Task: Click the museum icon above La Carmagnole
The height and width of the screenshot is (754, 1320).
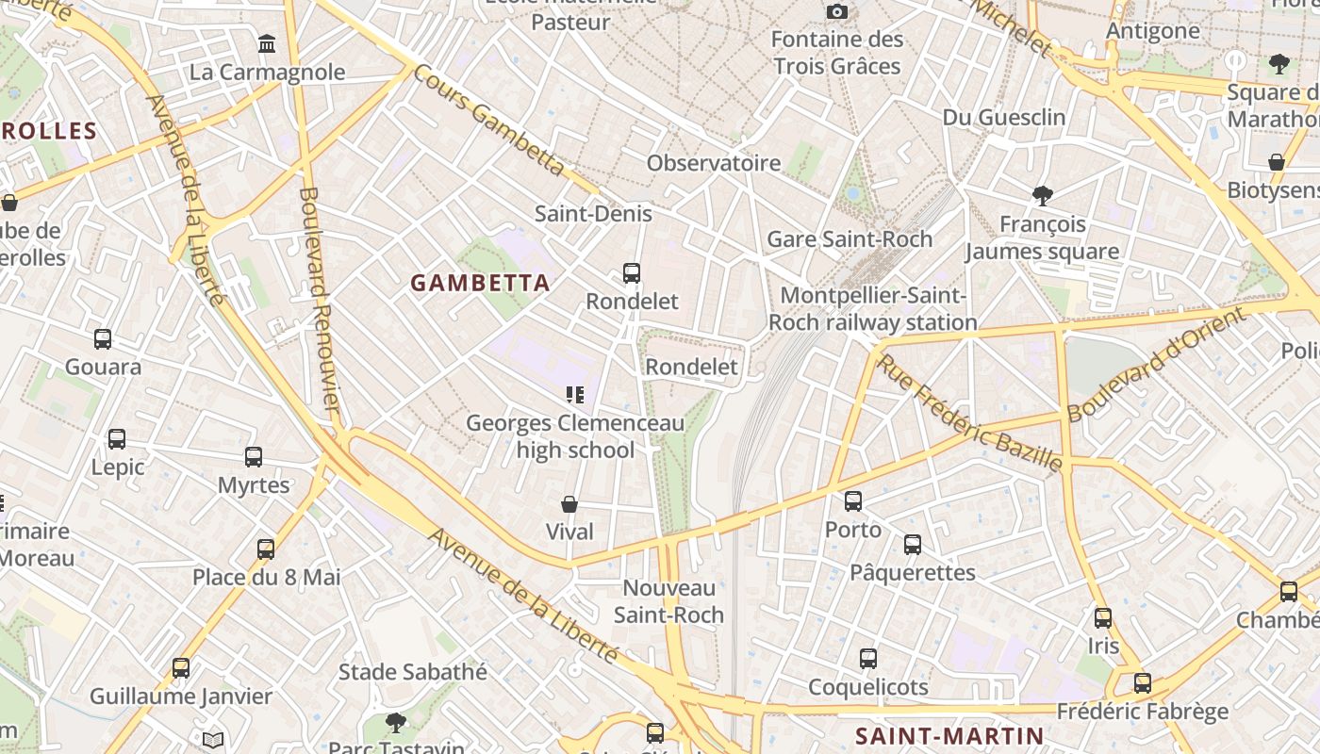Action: (x=267, y=44)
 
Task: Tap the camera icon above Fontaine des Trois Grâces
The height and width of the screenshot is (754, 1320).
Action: (x=836, y=11)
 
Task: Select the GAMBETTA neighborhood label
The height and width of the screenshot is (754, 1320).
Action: (x=480, y=283)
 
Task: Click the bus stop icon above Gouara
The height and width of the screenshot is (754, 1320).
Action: (x=103, y=339)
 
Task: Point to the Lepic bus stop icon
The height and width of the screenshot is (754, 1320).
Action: (x=117, y=439)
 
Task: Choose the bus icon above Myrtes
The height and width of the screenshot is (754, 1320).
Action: (x=254, y=457)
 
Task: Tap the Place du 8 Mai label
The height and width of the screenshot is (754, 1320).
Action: (x=267, y=577)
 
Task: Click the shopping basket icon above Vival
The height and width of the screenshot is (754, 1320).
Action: (x=569, y=504)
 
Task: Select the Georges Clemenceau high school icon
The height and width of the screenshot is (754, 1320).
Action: (x=574, y=395)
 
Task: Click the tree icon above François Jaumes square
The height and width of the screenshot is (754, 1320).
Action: (x=1042, y=196)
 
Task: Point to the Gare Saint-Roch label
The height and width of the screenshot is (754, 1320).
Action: (x=850, y=239)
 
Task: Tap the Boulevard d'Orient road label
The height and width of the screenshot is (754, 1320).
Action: (x=1157, y=365)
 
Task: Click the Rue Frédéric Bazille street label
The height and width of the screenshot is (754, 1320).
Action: (x=970, y=412)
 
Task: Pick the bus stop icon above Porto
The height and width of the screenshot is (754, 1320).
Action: (x=853, y=501)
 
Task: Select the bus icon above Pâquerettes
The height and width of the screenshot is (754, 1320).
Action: (x=912, y=544)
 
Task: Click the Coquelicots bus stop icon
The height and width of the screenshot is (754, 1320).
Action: (x=868, y=659)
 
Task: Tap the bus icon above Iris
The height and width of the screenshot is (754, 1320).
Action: (x=1102, y=618)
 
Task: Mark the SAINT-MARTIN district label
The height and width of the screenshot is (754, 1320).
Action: (x=949, y=736)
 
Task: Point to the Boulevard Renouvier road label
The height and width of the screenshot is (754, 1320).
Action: (x=319, y=300)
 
